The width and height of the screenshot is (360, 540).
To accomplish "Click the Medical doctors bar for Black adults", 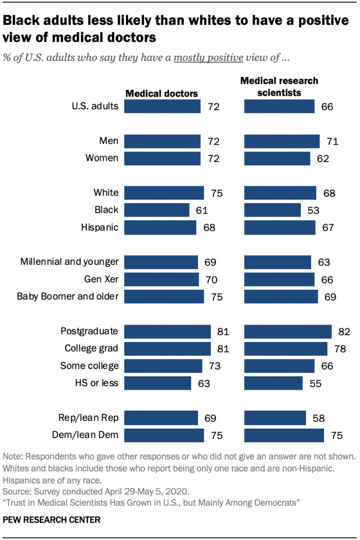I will pyautogui.click(x=157, y=210).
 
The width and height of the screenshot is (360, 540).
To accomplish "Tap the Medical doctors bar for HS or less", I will pyautogui.click(x=157, y=383).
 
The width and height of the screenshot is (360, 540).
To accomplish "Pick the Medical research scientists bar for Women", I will pyautogui.click(x=277, y=158).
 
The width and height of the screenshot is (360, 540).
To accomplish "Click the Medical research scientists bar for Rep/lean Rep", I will pyautogui.click(x=275, y=418).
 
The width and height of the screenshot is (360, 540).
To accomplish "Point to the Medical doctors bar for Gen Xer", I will pyautogui.click(x=161, y=280).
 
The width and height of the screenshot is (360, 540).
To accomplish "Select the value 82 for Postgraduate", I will pyautogui.click(x=344, y=331).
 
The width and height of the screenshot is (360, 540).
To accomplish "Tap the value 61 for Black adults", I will pyautogui.click(x=202, y=210).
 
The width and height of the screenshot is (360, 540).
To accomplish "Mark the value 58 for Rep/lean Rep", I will pyautogui.click(x=318, y=418).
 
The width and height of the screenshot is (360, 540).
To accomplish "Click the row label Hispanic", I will pyautogui.click(x=100, y=227).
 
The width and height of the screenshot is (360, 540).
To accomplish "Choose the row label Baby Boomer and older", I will pyautogui.click(x=67, y=296).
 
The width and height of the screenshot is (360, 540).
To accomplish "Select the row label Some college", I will pyautogui.click(x=89, y=366).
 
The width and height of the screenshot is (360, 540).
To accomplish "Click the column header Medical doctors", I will pyautogui.click(x=161, y=93).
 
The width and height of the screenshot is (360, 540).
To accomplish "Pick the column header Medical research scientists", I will pyautogui.click(x=279, y=86).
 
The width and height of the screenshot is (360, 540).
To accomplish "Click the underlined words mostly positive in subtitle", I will pyautogui.click(x=209, y=57).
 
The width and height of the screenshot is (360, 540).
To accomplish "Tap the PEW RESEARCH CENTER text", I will pyautogui.click(x=52, y=520).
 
